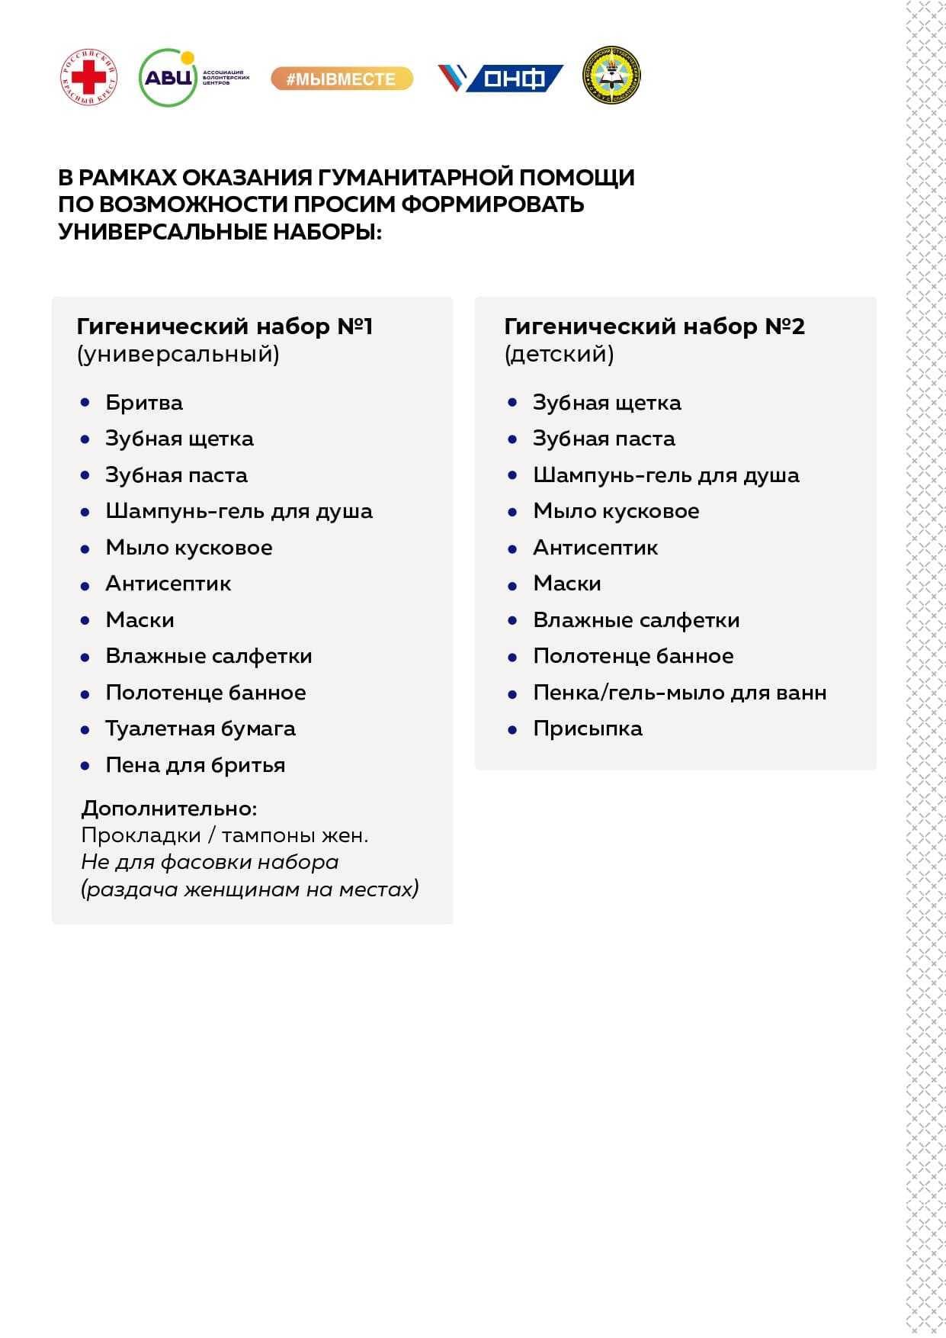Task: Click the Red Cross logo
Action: [89, 77]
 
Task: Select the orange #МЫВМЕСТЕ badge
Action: [342, 79]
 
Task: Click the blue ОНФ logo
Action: [501, 78]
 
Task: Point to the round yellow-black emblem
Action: [611, 76]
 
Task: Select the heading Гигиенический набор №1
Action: [225, 326]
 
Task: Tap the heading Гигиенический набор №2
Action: [654, 326]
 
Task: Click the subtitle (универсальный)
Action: [178, 354]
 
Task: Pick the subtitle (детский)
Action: [559, 354]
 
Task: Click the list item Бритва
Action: [144, 403]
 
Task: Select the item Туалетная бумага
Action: [200, 729]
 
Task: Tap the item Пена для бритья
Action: [195, 765]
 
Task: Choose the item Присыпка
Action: [588, 729]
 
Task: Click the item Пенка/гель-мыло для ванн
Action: [679, 693]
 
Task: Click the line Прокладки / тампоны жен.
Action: [225, 835]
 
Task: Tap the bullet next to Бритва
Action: [85, 402]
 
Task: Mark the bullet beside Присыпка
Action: [513, 729]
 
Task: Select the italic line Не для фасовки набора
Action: [210, 862]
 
